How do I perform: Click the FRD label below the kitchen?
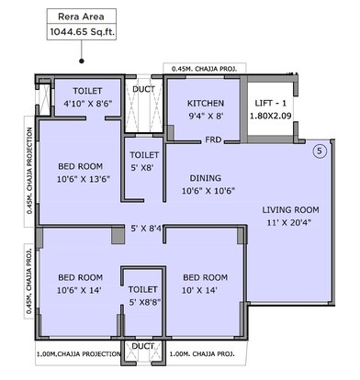click(211, 140)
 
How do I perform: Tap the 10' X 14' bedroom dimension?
click(204, 291)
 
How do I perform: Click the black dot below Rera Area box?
click(82, 61)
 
